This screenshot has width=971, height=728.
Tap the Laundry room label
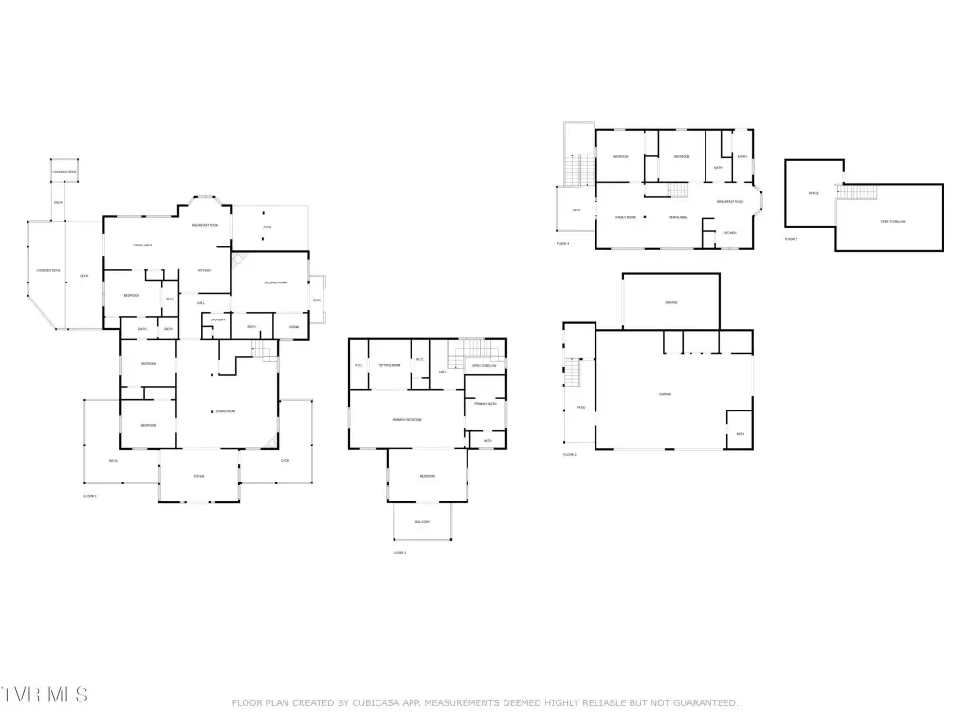tap(216, 319)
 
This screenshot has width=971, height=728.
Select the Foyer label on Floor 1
tap(199, 476)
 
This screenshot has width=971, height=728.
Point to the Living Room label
tap(225, 411)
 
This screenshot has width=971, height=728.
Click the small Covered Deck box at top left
tap(64, 172)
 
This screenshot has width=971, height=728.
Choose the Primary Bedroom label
tap(407, 419)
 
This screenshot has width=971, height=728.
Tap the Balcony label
tap(422, 522)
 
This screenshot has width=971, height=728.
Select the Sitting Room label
tap(390, 365)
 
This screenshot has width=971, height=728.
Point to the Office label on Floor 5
tap(813, 193)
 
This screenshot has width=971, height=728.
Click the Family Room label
tap(625, 217)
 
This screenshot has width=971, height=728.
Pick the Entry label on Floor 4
tap(742, 156)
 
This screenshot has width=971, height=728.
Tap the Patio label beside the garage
tap(580, 408)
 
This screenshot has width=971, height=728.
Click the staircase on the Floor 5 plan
tap(858, 192)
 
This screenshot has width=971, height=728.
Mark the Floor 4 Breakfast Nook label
tap(729, 202)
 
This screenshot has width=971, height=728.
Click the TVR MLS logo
tap(45, 695)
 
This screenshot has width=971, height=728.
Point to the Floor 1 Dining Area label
tap(143, 246)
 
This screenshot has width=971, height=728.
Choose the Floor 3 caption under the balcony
tap(399, 552)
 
